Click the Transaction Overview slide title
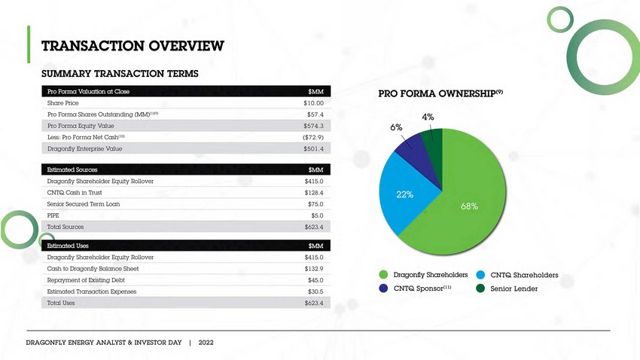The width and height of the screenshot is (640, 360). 133,47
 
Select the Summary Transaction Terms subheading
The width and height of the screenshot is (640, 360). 120,74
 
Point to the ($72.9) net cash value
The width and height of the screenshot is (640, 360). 312,137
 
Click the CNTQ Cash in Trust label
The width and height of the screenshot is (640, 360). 75,193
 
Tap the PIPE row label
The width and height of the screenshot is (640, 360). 53,215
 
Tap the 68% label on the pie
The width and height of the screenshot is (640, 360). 469,206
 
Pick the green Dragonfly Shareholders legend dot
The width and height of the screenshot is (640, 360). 384,275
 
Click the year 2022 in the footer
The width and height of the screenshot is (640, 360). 206,342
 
